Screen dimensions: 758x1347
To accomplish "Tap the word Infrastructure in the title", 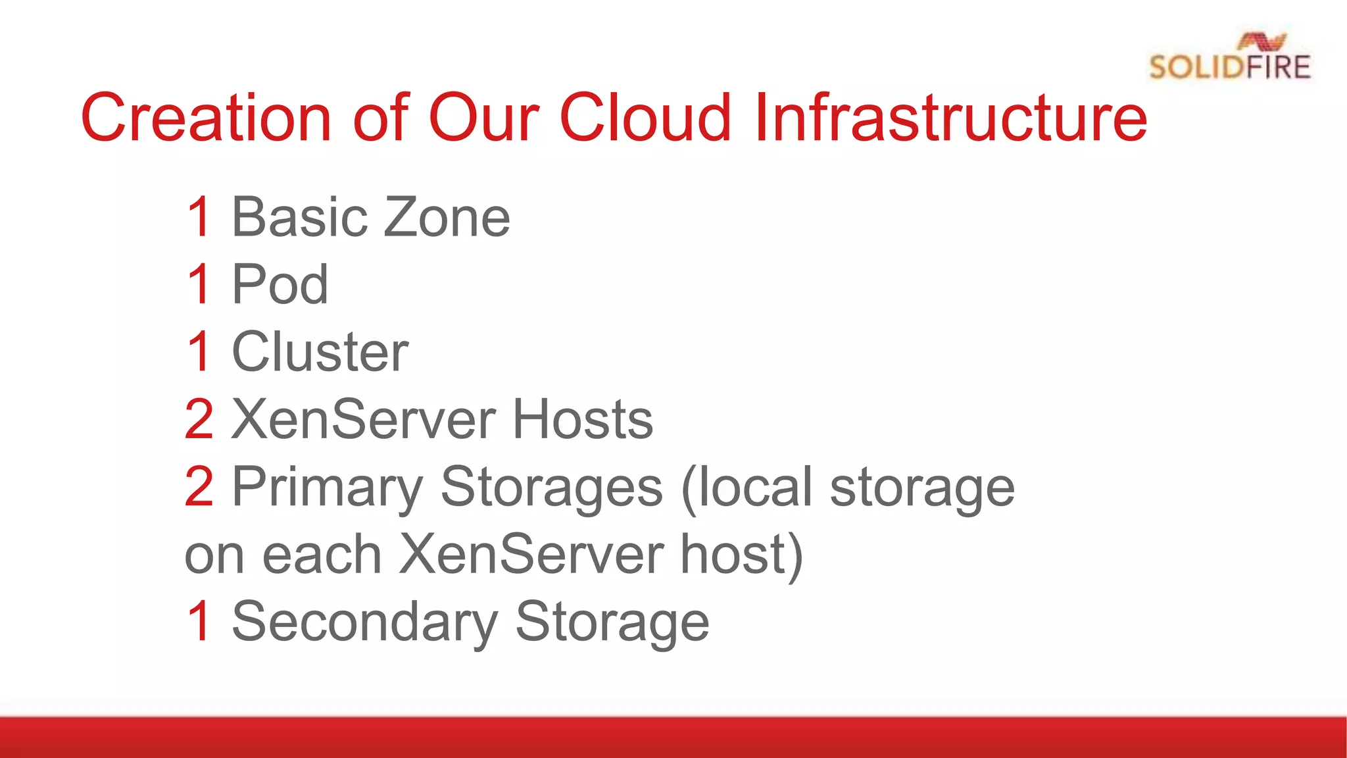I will click(x=950, y=118).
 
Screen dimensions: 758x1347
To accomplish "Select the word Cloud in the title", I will click(x=645, y=118).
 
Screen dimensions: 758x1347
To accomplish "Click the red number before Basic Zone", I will click(x=199, y=217).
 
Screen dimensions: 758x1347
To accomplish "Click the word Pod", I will click(x=280, y=284).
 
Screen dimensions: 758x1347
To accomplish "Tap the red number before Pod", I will click(x=199, y=284).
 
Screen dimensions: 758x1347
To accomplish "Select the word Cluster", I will click(x=320, y=352).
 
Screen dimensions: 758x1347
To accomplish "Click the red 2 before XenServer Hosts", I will click(x=199, y=419).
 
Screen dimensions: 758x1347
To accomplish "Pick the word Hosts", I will click(x=582, y=419).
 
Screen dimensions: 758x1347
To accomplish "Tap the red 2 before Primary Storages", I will click(x=199, y=487).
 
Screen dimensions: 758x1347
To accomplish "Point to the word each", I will click(x=322, y=555).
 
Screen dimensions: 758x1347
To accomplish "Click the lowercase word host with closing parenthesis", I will click(x=741, y=555).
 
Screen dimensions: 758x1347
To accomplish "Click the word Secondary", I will click(x=365, y=622).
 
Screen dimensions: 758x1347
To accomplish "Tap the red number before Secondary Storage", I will click(x=199, y=621).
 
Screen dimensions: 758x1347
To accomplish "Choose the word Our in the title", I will click(x=484, y=118).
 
